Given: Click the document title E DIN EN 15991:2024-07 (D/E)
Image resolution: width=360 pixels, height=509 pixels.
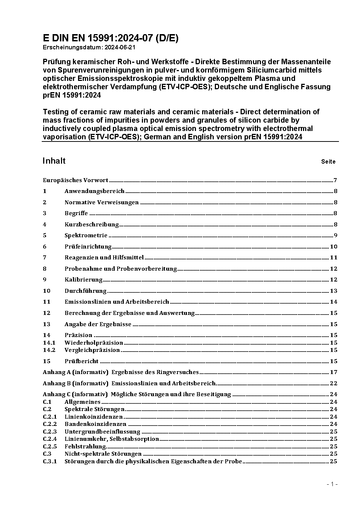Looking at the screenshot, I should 110,38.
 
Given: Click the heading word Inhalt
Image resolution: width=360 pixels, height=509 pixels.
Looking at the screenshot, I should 54,161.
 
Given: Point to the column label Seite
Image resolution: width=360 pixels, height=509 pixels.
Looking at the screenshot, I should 328,162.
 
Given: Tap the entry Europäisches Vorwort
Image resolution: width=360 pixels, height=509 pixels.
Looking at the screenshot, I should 75,180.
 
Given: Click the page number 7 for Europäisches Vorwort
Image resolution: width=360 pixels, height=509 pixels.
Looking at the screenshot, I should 335,180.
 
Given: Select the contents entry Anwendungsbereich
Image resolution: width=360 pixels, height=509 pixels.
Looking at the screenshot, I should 94,191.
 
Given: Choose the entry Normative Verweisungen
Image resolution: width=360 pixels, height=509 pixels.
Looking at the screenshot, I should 102,202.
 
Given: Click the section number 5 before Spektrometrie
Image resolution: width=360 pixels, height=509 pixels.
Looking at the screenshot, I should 45,235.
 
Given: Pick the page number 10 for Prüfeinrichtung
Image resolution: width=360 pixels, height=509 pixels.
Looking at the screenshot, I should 334,247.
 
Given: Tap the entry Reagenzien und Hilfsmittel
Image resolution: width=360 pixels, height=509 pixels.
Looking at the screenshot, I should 104,258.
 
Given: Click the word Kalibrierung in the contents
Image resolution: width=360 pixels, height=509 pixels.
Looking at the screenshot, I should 83,280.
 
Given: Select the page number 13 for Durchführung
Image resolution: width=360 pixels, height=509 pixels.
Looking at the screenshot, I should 334,291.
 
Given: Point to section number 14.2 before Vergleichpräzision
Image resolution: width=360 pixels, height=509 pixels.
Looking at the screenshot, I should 49,350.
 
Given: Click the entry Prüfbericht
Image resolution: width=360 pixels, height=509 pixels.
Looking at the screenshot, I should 82,361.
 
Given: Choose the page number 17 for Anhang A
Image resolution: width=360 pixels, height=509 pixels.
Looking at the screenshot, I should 334,372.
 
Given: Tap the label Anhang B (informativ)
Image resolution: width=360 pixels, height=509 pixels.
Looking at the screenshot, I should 75,383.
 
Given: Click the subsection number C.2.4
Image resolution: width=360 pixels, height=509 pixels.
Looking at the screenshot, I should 50,439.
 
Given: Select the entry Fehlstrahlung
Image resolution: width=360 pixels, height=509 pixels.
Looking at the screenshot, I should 85,447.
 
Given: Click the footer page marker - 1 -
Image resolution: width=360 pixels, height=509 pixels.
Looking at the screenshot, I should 332,484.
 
